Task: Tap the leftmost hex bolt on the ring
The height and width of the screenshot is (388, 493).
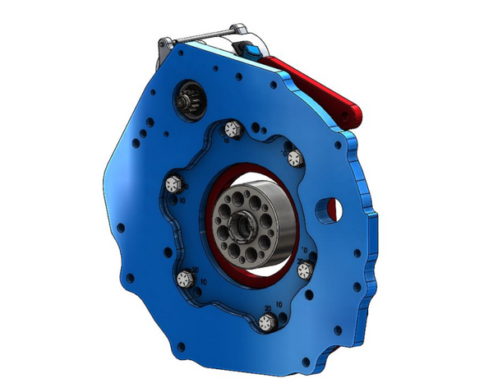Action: [x=173, y=184]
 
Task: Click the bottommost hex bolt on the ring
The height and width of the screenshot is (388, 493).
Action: [x=264, y=323]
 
